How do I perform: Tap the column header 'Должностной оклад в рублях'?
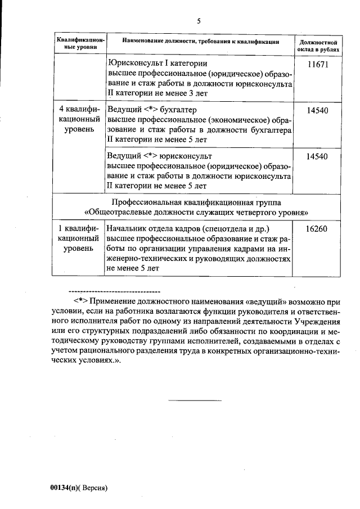coord(318,46)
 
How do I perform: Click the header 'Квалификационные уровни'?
coord(79,46)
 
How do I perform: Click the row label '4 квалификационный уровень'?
coord(79,119)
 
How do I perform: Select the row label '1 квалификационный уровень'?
coord(79,238)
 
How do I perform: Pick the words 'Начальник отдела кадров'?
coord(152,228)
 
